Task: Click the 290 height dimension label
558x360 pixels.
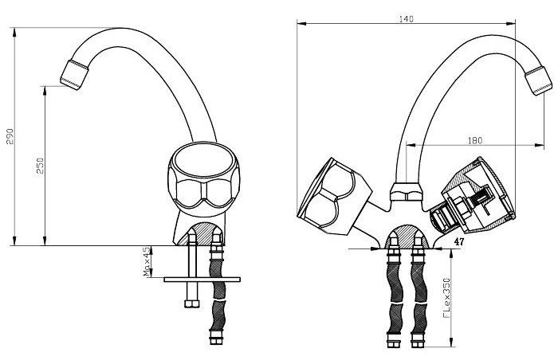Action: (x=10, y=136)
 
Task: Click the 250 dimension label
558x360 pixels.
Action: (x=40, y=166)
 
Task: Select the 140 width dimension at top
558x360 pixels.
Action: (x=406, y=19)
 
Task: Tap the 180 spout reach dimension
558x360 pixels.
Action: (x=475, y=140)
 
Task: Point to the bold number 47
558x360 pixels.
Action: (x=459, y=242)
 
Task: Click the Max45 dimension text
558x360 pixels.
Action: (x=147, y=262)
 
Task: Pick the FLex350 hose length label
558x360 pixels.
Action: (x=446, y=298)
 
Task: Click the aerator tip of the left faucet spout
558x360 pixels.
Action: (x=74, y=75)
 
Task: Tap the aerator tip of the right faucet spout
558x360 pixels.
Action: (x=539, y=80)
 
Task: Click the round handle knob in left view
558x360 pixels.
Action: (x=204, y=176)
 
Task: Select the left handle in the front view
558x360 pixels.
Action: (x=334, y=197)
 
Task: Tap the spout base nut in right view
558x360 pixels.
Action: (x=407, y=192)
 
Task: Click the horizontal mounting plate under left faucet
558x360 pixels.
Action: (x=202, y=280)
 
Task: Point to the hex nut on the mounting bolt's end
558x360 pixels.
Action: (x=192, y=303)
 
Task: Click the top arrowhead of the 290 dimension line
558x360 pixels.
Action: (x=14, y=32)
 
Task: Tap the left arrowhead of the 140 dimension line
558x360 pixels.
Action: (x=301, y=23)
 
